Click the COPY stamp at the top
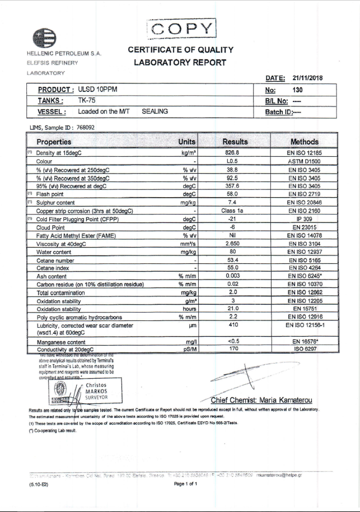click(181, 29)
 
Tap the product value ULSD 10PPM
click(98, 90)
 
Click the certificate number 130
click(298, 90)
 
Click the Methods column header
click(304, 142)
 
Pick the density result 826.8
click(232, 152)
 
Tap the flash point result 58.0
click(232, 194)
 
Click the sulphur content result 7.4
click(232, 202)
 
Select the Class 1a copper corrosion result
click(232, 211)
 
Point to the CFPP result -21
click(232, 219)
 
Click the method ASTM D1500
click(304, 161)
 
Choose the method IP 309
click(304, 219)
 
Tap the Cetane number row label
click(55, 260)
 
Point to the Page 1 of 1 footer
click(186, 484)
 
